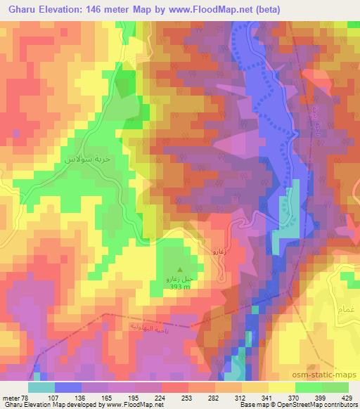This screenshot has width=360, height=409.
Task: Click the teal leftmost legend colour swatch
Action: [41, 388]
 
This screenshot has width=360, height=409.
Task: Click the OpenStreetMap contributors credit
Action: [313, 404]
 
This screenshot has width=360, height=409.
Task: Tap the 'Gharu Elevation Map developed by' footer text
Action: [47, 404]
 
